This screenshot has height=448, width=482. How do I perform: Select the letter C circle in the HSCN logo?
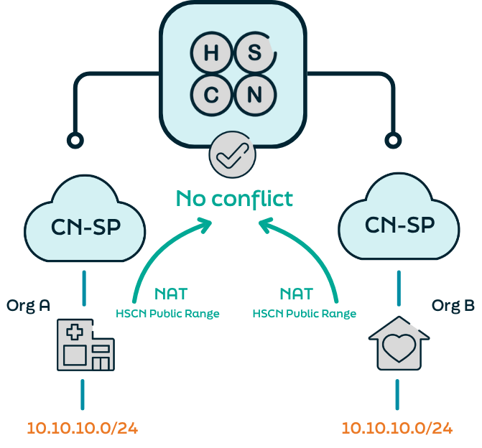click(210, 94)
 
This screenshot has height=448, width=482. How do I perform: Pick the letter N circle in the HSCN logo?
click(254, 94)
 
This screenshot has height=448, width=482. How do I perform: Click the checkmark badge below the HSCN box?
click(232, 156)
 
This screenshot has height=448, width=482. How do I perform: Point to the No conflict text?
click(235, 197)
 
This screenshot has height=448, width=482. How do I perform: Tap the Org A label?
click(28, 305)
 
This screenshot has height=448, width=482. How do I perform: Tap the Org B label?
click(453, 305)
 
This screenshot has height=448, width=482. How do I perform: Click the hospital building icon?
click(85, 346)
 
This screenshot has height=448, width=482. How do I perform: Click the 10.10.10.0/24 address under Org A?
click(83, 428)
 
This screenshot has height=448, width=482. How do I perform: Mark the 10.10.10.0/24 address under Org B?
click(397, 428)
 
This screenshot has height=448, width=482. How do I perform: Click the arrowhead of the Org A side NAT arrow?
click(207, 224)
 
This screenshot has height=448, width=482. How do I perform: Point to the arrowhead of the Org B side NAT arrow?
click(265, 225)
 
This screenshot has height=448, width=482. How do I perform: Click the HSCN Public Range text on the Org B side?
click(305, 314)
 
